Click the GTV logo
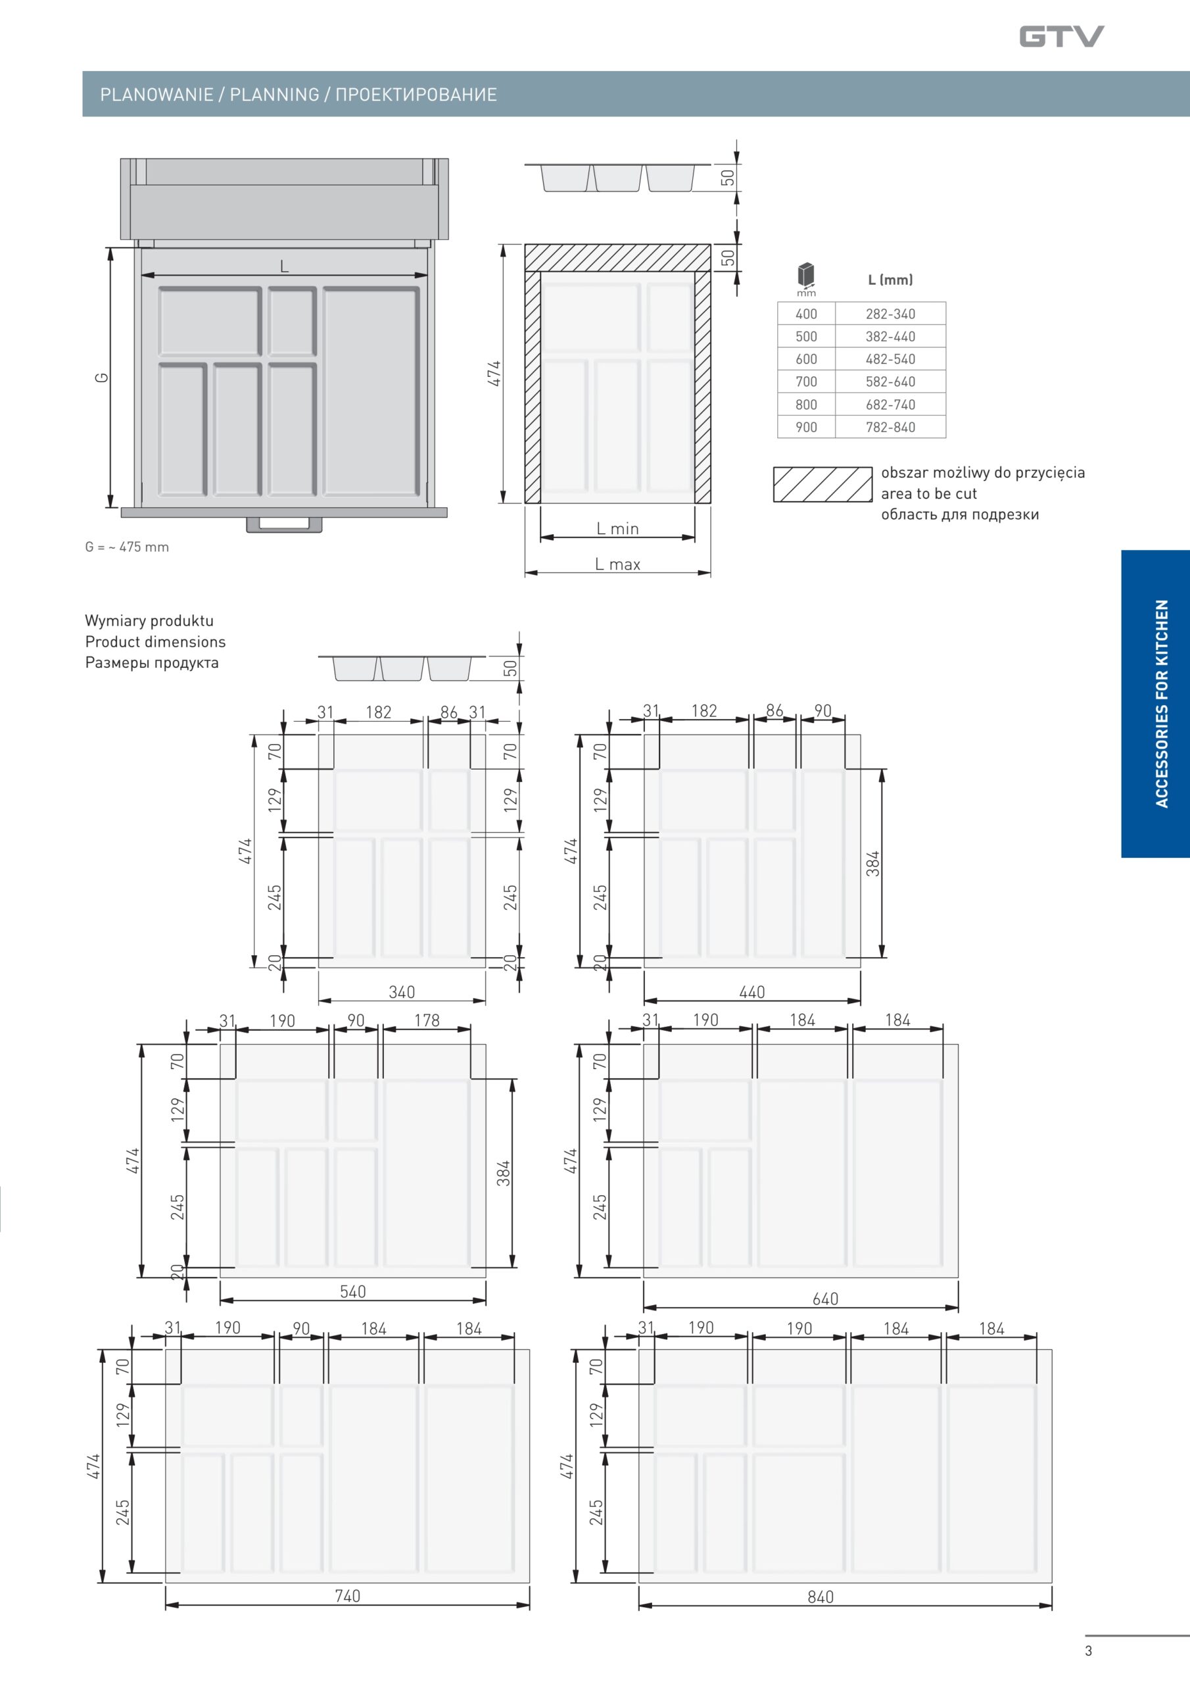pyautogui.click(x=1061, y=36)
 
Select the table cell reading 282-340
pyautogui.click(x=890, y=314)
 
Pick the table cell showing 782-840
pyautogui.click(x=890, y=427)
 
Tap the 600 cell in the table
pyautogui.click(x=806, y=359)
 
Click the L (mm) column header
pyautogui.click(x=890, y=280)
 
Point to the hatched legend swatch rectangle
pyautogui.click(x=822, y=485)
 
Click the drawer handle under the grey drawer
pyautogui.click(x=285, y=524)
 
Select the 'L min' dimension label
pyautogui.click(x=617, y=528)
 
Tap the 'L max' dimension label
pyautogui.click(x=617, y=564)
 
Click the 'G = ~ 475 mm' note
pyautogui.click(x=127, y=547)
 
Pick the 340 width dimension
pyautogui.click(x=402, y=991)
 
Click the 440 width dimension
pyautogui.click(x=751, y=991)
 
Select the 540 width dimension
pyautogui.click(x=352, y=1291)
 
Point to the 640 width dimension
pyautogui.click(x=825, y=1299)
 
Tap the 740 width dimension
pyautogui.click(x=348, y=1596)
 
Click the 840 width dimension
pyautogui.click(x=821, y=1597)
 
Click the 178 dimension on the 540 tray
pyautogui.click(x=427, y=1020)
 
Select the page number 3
pyautogui.click(x=1088, y=1650)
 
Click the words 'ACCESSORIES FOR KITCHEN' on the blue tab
pyautogui.click(x=1162, y=704)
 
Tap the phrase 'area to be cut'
pyautogui.click(x=929, y=493)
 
